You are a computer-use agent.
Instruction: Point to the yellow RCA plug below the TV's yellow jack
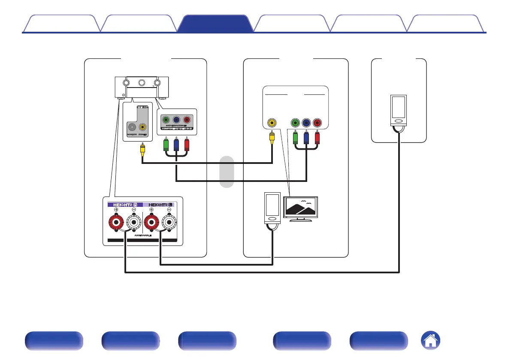272,138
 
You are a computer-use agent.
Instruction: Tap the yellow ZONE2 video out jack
142,127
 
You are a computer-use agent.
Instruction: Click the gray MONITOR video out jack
132,127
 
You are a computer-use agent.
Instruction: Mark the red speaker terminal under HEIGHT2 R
116,224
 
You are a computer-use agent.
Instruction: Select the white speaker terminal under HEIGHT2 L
169,224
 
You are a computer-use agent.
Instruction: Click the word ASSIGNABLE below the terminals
142,236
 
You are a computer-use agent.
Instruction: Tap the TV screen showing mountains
301,208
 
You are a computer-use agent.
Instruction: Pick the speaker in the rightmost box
399,111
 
